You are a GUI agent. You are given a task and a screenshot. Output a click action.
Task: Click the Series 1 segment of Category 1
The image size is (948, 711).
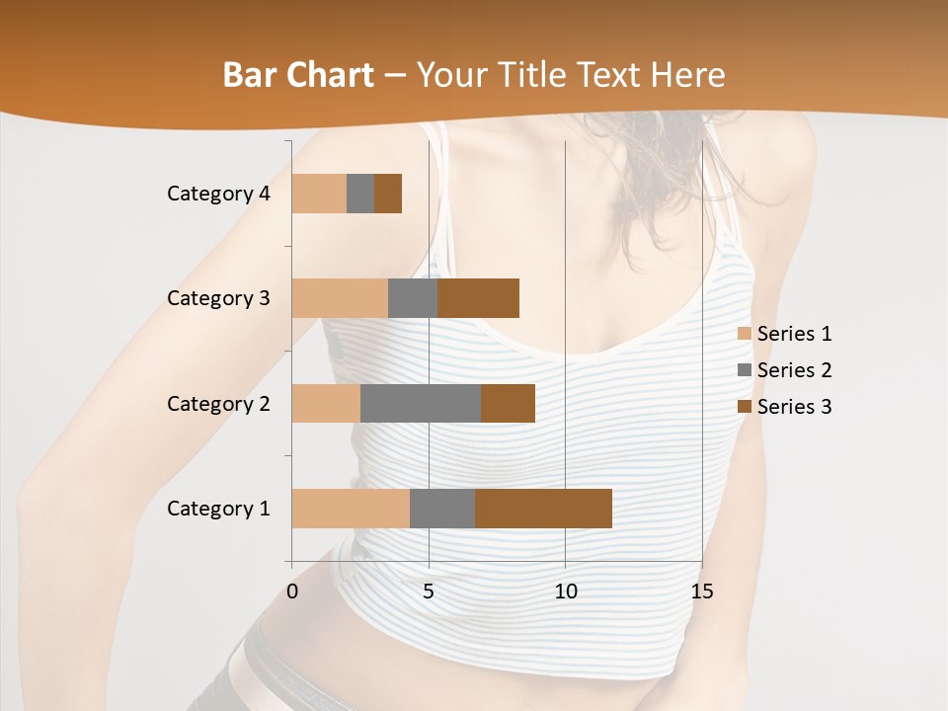coord(351,508)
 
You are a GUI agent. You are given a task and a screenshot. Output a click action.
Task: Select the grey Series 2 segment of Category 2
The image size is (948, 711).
coord(421,403)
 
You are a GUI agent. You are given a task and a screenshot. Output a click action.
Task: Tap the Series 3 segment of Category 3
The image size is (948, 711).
coord(478,298)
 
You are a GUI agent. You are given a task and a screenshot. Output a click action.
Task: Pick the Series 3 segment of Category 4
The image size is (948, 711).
coord(388,194)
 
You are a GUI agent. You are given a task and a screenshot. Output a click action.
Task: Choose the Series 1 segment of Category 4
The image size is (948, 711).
coord(319,194)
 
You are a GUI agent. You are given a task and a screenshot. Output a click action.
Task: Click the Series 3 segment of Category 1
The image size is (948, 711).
coord(543,508)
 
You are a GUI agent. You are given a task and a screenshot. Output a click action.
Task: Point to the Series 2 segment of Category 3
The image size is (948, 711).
coord(413,298)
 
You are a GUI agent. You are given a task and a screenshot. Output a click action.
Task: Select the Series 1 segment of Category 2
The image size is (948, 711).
coord(326,403)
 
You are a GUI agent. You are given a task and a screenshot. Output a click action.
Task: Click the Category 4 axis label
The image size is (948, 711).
coord(218,194)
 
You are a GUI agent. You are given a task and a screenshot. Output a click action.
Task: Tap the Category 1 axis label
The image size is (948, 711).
coord(218,509)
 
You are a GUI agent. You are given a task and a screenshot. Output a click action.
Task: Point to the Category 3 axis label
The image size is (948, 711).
coord(218,298)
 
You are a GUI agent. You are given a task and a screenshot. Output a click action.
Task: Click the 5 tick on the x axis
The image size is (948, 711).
coord(429,592)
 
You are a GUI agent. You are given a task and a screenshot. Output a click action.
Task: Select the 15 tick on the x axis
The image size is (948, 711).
coord(702,592)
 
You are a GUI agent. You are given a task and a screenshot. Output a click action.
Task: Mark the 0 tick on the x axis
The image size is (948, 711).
coord(292,592)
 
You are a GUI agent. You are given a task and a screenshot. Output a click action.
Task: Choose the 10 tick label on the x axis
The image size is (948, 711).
coord(565,592)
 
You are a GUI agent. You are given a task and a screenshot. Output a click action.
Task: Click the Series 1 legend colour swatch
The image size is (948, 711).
coord(744,334)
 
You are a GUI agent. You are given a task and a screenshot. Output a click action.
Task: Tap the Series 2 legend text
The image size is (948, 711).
coord(794,370)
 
